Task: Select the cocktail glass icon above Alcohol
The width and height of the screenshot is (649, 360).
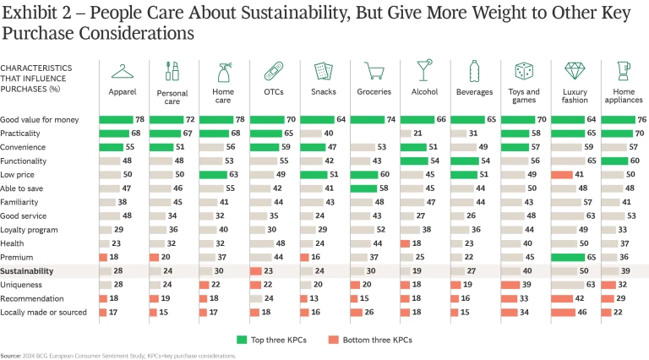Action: click(424, 71)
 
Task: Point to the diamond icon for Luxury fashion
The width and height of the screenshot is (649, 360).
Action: click(575, 71)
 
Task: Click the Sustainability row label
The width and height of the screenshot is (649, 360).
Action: click(29, 271)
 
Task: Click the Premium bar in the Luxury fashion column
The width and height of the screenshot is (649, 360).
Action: click(572, 258)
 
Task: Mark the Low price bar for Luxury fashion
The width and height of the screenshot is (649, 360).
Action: click(561, 175)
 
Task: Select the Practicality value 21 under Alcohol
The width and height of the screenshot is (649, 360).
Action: click(440, 134)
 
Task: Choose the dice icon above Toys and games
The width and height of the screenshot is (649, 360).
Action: click(524, 71)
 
